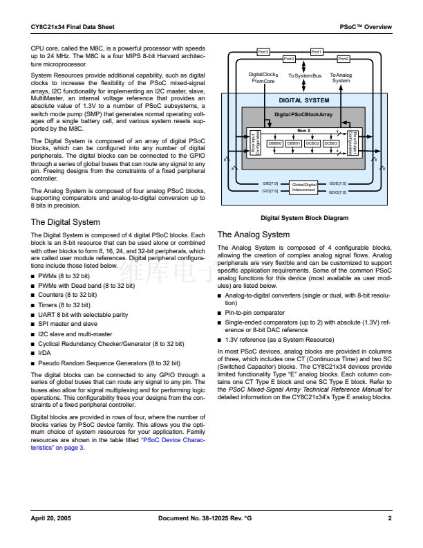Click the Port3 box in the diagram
263,52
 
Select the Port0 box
344,60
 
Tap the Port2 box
289,60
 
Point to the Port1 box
317,52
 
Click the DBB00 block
275,143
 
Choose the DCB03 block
331,143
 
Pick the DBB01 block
294,143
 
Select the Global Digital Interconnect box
303,187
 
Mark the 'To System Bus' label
305,75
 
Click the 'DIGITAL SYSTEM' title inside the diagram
304,100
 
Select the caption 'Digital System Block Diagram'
304,218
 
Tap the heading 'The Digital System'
66,222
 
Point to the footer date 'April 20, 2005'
50,518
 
